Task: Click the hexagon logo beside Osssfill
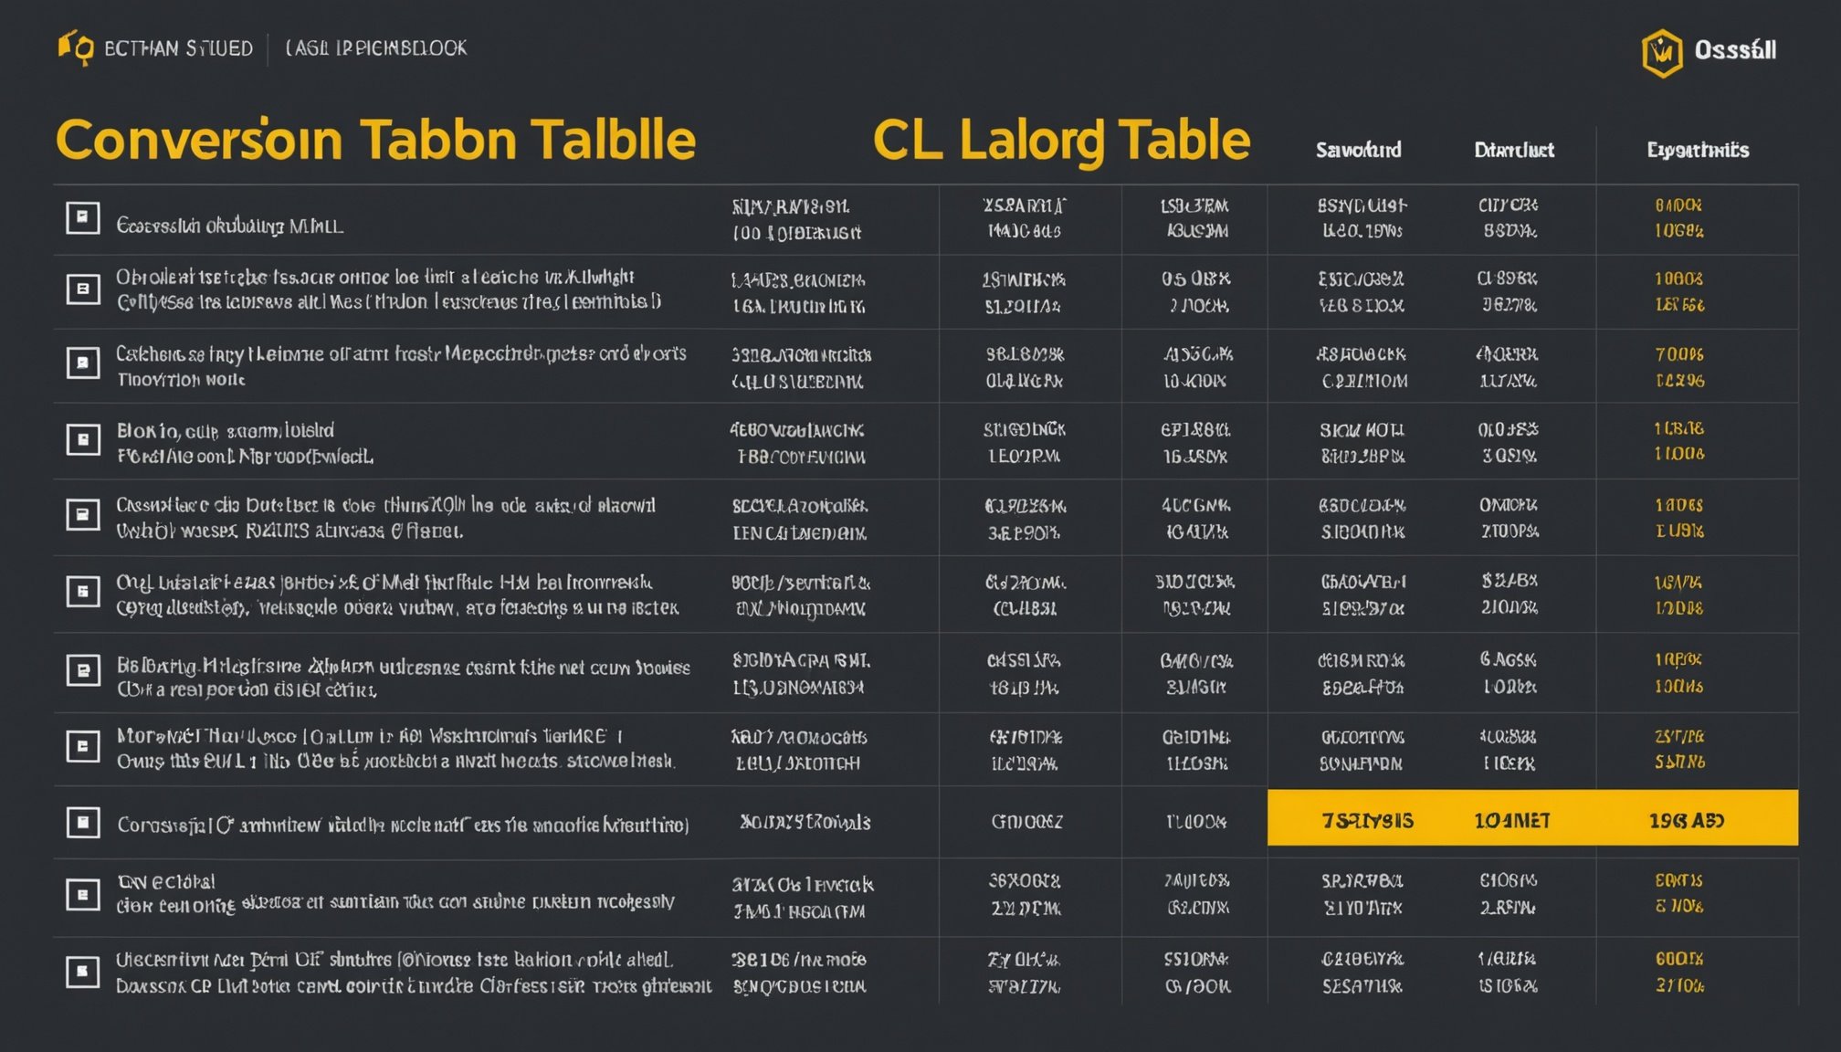pyautogui.click(x=1661, y=53)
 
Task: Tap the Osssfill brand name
pyautogui.click(x=1735, y=50)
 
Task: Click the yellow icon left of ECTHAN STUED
pyautogui.click(x=76, y=47)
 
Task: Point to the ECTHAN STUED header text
pyautogui.click(x=178, y=48)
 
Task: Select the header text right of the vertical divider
pyautogui.click(x=376, y=47)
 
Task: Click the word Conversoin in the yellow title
pyautogui.click(x=199, y=141)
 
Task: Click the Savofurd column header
pyautogui.click(x=1358, y=150)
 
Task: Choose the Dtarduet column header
pyautogui.click(x=1513, y=150)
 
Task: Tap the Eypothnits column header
pyautogui.click(x=1698, y=150)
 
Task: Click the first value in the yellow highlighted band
pyautogui.click(x=1367, y=821)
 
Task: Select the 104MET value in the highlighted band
pyautogui.click(x=1511, y=821)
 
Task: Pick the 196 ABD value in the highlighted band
pyautogui.click(x=1686, y=821)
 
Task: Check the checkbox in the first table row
pyautogui.click(x=82, y=217)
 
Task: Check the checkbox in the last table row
pyautogui.click(x=82, y=971)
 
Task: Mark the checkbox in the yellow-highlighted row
pyautogui.click(x=82, y=823)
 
